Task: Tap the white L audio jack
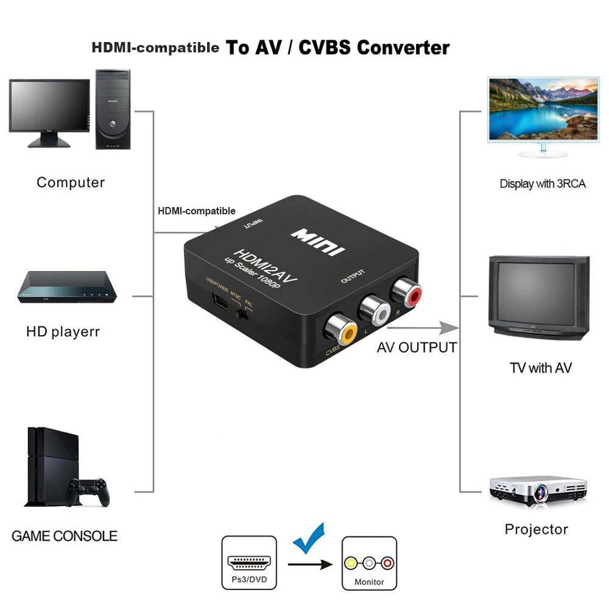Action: coord(375,310)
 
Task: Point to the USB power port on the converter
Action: coord(217,301)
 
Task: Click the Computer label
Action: coord(71,182)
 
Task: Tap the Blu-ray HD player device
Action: coord(65,287)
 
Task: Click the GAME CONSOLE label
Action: coord(65,536)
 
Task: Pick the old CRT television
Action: coord(540,297)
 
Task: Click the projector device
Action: coord(538,490)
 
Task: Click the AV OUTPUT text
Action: coord(417,347)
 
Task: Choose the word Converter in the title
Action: coord(403,48)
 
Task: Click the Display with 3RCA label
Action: coord(543,183)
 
